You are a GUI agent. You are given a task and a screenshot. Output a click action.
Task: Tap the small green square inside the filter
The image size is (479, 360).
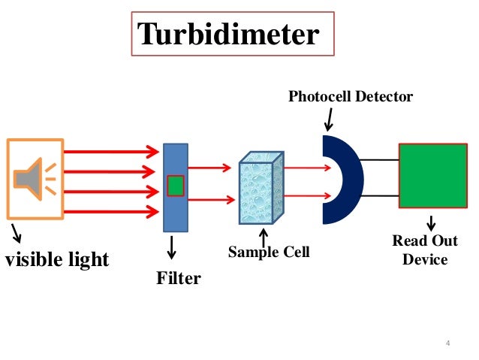[175, 185]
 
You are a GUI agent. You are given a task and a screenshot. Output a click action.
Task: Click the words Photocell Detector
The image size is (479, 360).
[351, 96]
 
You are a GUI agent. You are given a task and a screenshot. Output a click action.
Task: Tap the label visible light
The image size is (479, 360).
[57, 260]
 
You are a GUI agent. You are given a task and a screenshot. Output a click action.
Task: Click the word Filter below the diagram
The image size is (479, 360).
[179, 278]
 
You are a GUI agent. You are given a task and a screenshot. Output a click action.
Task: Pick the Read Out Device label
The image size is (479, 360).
[425, 250]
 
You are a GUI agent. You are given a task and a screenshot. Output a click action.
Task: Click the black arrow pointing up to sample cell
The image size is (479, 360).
[263, 234]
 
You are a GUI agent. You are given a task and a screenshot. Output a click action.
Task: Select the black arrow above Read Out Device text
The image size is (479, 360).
[432, 223]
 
